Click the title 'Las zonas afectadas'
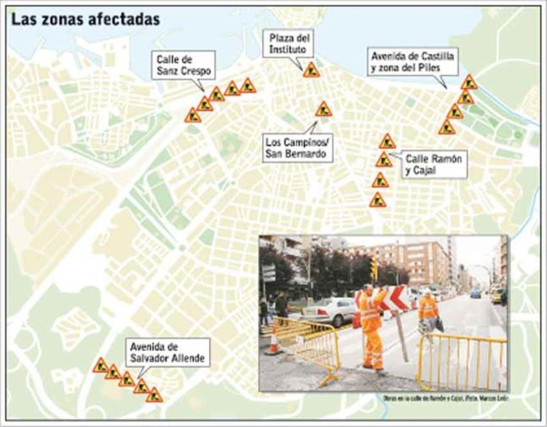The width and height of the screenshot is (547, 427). [x=85, y=20]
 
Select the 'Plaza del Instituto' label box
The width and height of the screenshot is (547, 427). [x=288, y=43]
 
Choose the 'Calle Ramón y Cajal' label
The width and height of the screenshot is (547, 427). [x=433, y=164]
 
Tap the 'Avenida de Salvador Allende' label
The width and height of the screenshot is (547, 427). [x=167, y=352]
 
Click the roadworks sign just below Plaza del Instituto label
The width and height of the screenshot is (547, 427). [x=311, y=70]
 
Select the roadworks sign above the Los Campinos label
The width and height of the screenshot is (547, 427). [x=324, y=109]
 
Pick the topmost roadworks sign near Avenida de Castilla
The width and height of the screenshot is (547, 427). [x=469, y=83]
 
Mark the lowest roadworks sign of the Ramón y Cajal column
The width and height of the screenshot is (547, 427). [x=378, y=200]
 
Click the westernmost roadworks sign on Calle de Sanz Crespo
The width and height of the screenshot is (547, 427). [x=193, y=115]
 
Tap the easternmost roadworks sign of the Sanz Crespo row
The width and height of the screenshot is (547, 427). [x=248, y=85]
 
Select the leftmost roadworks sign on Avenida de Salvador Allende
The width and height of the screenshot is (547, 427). [x=100, y=365]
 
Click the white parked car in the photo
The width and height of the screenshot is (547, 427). [x=329, y=311]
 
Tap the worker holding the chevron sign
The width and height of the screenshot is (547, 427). [x=371, y=326]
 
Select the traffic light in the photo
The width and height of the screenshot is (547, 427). [x=374, y=268]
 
